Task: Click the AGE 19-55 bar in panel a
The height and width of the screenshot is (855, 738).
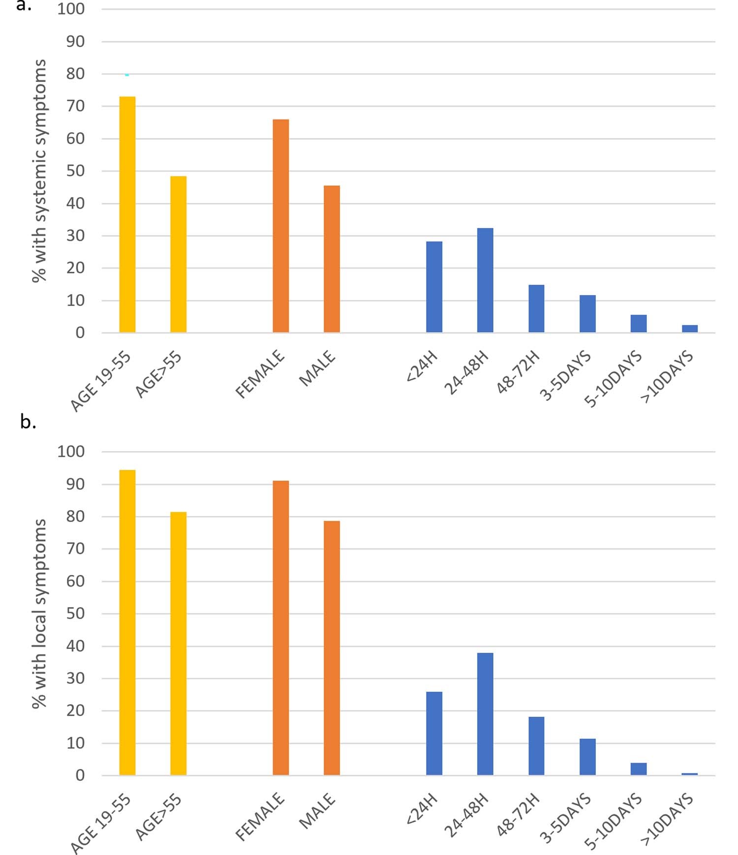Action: (x=127, y=214)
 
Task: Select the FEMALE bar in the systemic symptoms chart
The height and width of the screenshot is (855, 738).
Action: (x=280, y=226)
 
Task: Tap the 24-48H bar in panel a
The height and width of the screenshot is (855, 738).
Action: (x=485, y=280)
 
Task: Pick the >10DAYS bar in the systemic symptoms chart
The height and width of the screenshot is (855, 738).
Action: (x=689, y=329)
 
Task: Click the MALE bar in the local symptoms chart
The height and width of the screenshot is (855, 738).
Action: (x=332, y=648)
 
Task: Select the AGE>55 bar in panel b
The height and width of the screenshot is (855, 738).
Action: (x=178, y=643)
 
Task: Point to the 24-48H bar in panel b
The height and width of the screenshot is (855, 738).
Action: (x=485, y=714)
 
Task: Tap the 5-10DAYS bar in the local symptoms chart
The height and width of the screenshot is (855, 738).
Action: (x=638, y=769)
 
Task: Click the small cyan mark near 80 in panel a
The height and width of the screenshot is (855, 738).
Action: (x=127, y=75)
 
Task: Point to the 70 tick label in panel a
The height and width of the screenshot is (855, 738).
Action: (x=75, y=106)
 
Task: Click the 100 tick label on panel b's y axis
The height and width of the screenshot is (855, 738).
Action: (x=71, y=451)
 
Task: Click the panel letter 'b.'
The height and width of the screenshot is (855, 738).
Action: (x=28, y=422)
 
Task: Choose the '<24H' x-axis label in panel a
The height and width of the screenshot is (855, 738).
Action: (x=422, y=366)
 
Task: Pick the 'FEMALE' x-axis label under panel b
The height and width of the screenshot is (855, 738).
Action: (x=260, y=816)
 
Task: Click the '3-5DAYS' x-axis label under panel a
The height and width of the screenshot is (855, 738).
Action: (x=566, y=376)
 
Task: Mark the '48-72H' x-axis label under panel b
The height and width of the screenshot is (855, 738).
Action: (x=518, y=815)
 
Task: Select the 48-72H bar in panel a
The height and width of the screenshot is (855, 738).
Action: (x=536, y=308)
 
